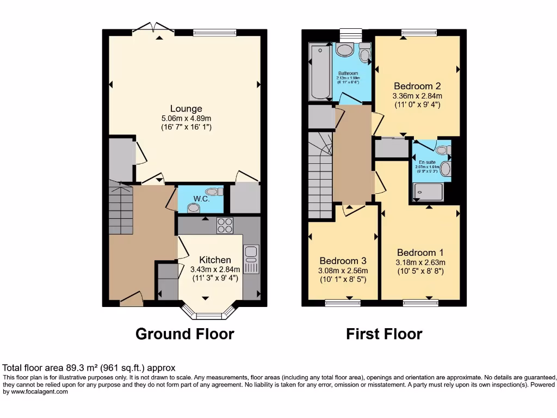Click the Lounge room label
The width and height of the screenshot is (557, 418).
click(185, 109)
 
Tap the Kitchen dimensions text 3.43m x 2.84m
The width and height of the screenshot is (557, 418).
click(215, 269)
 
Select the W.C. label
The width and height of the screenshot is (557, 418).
click(202, 199)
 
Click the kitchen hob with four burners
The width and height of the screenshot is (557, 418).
click(225, 225)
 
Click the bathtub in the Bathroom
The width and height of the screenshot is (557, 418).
click(319, 72)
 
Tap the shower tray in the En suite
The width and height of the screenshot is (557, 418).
click(429, 191)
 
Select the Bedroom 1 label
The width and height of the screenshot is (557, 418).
click(420, 253)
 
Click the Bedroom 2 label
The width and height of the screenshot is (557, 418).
click(417, 86)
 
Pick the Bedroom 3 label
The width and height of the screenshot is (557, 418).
click(343, 260)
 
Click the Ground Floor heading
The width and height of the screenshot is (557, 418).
click(184, 334)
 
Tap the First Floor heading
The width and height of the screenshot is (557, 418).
click(384, 334)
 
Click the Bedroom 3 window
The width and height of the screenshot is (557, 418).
click(343, 303)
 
